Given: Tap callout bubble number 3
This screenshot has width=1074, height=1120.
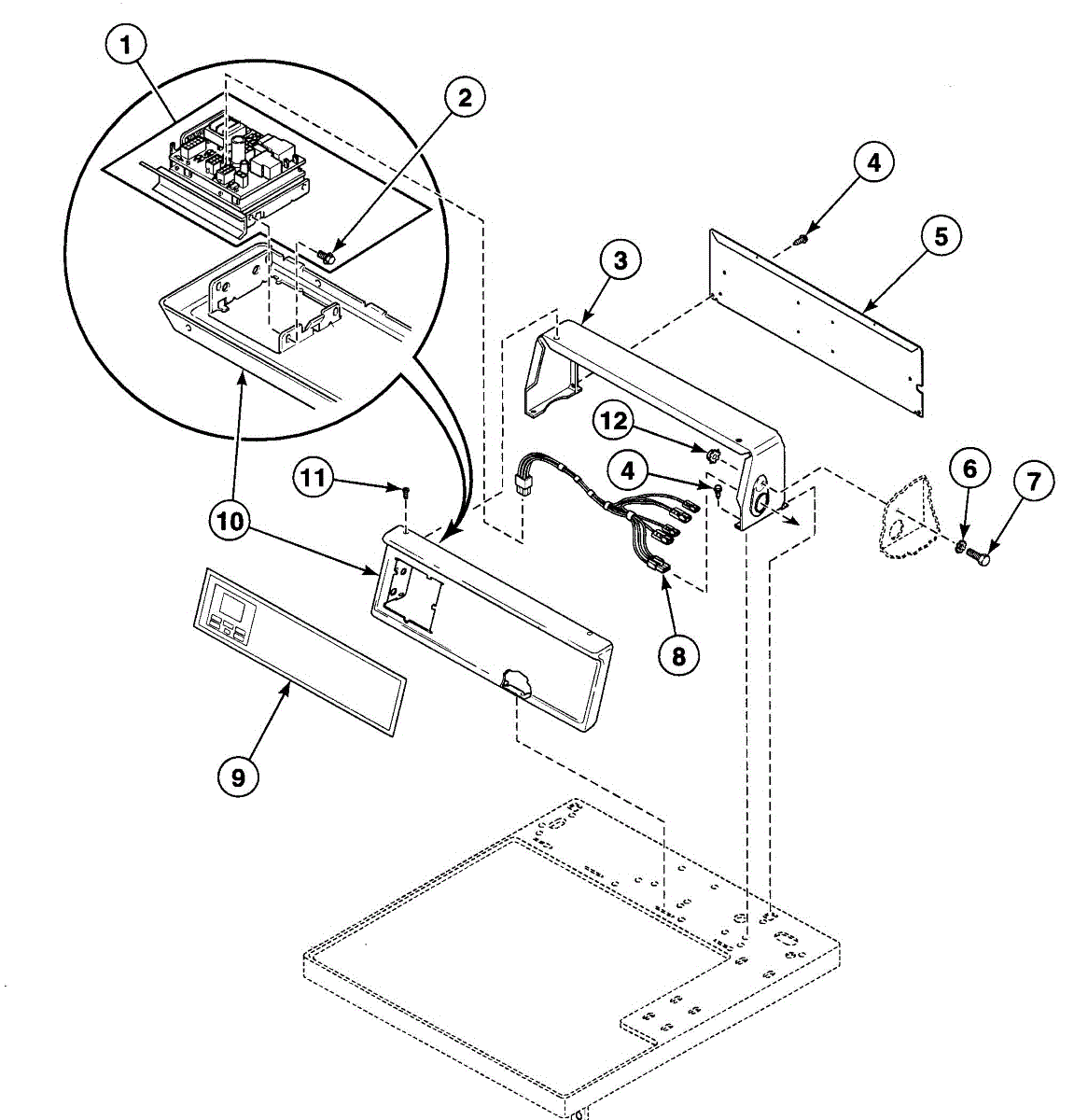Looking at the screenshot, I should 620,261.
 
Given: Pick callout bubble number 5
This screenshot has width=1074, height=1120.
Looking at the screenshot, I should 940,236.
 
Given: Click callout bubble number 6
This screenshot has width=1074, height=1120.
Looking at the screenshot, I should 969,468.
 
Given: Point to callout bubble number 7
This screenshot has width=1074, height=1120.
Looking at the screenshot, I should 1033,482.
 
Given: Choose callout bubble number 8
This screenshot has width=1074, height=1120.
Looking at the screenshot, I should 677,656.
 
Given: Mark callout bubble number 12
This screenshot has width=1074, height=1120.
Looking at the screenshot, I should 613,421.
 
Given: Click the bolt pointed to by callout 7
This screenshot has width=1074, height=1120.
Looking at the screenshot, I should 979,555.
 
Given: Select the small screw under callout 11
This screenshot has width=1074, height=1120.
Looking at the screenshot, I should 406,489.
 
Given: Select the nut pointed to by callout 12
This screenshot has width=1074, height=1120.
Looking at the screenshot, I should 710,455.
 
